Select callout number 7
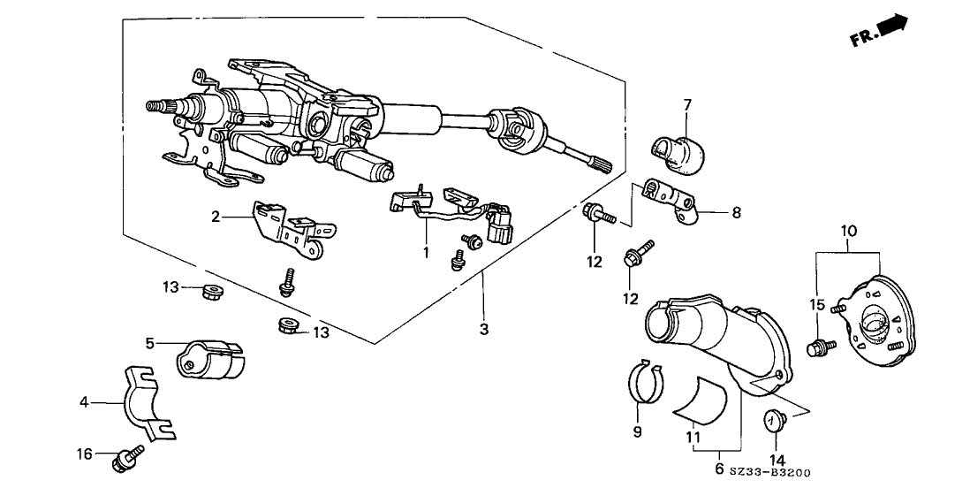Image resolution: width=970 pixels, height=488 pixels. tap(687, 104)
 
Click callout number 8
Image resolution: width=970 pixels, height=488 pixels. tap(736, 213)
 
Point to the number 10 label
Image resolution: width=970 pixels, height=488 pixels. tap(849, 231)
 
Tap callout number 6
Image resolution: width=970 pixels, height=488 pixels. tap(719, 469)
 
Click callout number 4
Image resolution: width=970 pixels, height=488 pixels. tap(84, 403)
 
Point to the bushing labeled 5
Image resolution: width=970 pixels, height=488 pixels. tap(210, 359)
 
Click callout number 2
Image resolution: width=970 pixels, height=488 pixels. tap(216, 217)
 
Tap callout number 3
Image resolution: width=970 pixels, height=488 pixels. tap(484, 329)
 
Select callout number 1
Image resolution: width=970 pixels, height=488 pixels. tap(426, 255)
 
